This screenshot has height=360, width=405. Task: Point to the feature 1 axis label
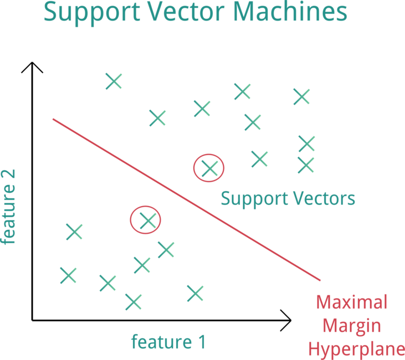pyautogui.click(x=168, y=342)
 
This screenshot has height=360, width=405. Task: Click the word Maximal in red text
pyautogui.click(x=352, y=303)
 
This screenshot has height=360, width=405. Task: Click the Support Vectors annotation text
pyautogui.click(x=288, y=198)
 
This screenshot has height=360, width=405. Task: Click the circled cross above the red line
pyautogui.click(x=209, y=167)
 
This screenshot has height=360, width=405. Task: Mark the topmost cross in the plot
pyautogui.click(x=113, y=81)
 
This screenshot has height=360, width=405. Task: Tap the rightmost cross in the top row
pyautogui.click(x=301, y=97)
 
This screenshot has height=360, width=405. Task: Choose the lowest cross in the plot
pyautogui.click(x=133, y=302)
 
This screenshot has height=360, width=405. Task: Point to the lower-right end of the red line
pyautogui.click(x=320, y=280)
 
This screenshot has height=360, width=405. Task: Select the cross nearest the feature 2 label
pyautogui.click(x=74, y=232)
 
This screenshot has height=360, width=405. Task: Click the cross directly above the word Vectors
pyautogui.click(x=306, y=164)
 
